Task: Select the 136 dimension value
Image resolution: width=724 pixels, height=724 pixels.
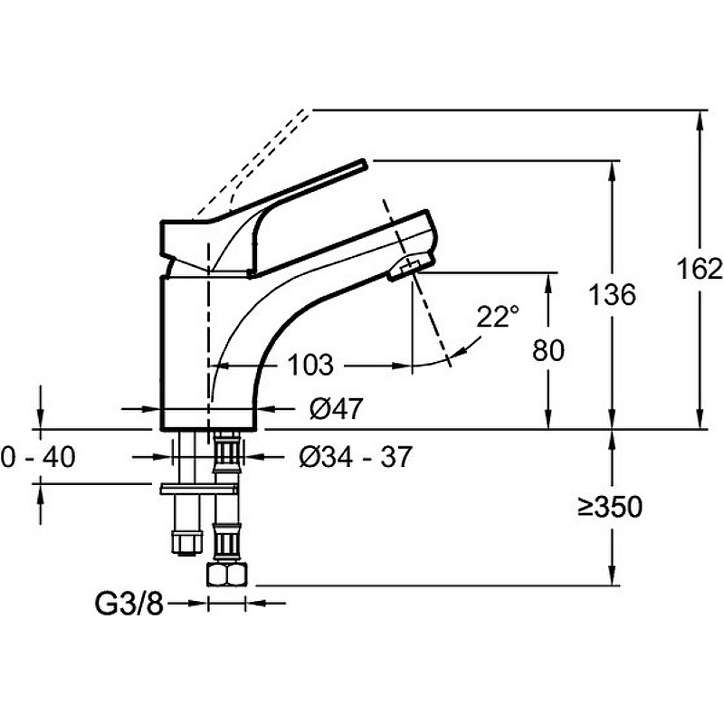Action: [x=612, y=294]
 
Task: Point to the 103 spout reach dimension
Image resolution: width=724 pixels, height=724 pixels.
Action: [x=310, y=366]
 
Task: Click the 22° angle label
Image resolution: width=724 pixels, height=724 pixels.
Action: [x=499, y=317]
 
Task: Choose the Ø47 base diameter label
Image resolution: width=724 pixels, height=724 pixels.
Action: [x=335, y=410]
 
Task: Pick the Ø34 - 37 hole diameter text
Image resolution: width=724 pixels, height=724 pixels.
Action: [x=355, y=458]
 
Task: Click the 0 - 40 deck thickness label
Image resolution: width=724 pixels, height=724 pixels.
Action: [x=37, y=458]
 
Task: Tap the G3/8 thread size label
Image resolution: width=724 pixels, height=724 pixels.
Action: [x=129, y=603]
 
